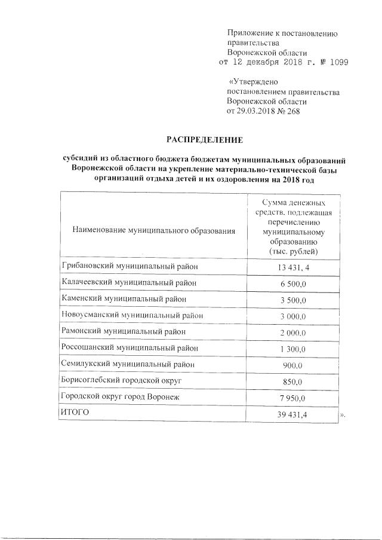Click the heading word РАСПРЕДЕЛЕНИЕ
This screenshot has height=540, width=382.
coord(204,140)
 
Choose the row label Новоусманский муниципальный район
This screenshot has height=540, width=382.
coord(133,315)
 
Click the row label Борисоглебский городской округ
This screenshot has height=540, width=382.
coord(122,380)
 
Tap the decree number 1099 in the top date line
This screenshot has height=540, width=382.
coord(337,62)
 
